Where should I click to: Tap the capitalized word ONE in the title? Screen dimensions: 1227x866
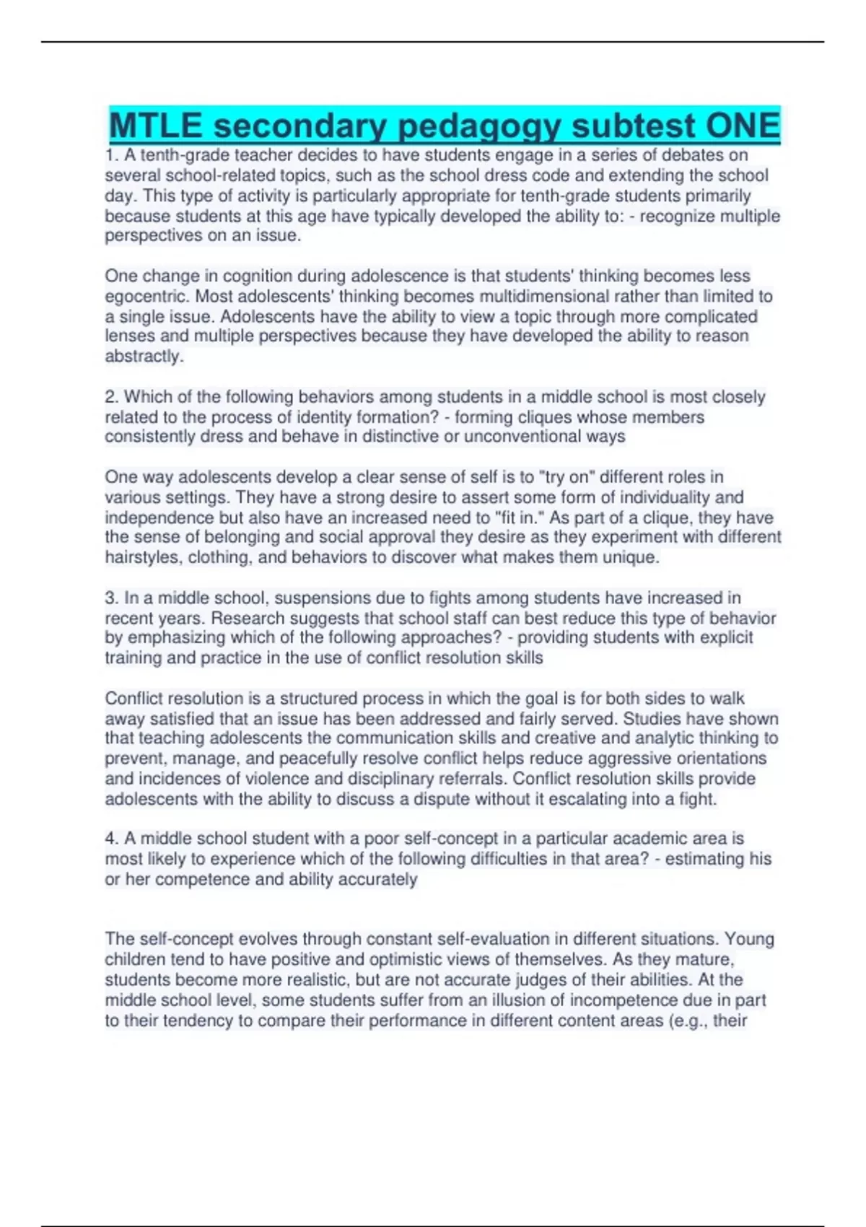click(743, 126)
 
